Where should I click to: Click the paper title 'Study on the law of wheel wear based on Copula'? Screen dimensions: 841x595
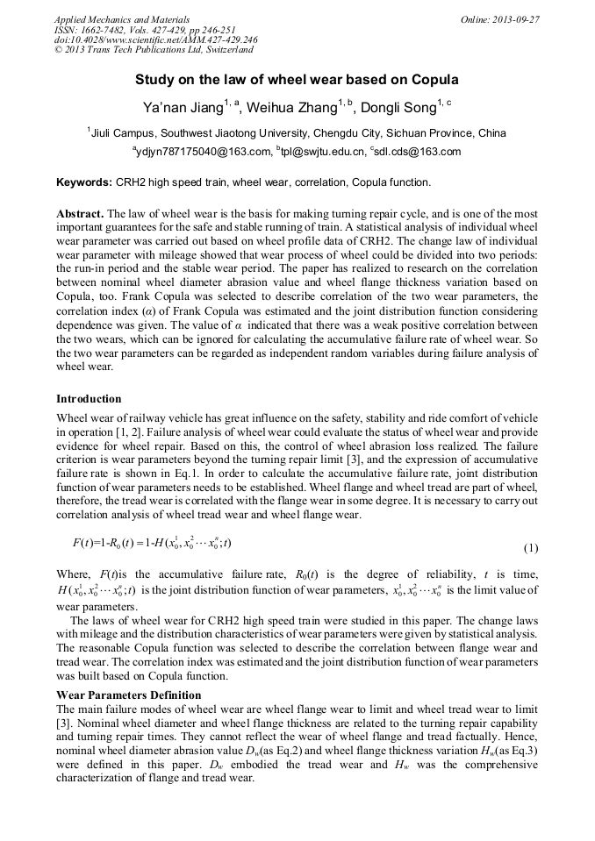coord(297,80)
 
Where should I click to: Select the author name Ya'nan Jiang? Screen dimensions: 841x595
coord(183,108)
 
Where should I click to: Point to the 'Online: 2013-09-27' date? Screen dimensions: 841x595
coord(499,19)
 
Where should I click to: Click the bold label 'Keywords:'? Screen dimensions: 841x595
coord(83,183)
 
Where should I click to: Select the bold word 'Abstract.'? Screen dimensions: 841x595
coord(80,214)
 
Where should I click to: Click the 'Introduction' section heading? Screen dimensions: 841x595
coord(89,399)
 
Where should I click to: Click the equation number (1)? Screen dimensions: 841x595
coord(530,548)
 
